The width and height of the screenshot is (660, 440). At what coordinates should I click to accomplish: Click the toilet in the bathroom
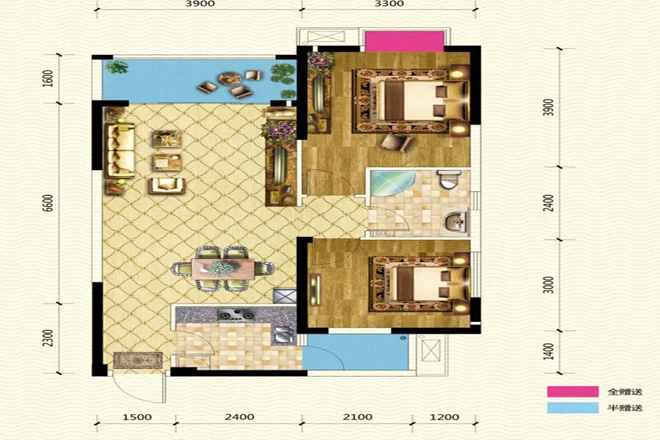[448, 179]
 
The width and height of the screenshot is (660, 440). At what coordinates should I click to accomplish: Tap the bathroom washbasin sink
[456, 221]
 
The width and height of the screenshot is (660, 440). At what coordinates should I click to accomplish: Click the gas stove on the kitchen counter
[236, 315]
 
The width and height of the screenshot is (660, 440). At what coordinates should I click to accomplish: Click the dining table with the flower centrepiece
[223, 268]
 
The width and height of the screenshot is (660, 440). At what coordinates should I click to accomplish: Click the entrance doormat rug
[138, 360]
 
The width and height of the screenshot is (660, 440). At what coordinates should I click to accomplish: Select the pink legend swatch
[573, 392]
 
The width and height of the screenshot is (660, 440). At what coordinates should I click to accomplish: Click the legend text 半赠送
[625, 408]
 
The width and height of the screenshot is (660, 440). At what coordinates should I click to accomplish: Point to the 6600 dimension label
[48, 203]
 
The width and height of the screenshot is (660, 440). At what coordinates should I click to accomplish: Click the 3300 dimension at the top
[389, 4]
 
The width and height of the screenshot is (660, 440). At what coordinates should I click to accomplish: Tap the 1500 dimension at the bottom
[137, 417]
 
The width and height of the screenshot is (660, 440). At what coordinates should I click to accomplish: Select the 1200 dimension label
[444, 417]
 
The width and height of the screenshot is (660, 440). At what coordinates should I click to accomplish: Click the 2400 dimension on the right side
[549, 203]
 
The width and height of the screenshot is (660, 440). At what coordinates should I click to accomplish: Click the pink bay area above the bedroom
[404, 41]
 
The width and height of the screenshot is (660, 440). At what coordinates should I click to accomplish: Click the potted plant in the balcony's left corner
[117, 67]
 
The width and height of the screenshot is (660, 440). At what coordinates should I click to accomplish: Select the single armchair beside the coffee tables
[167, 186]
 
